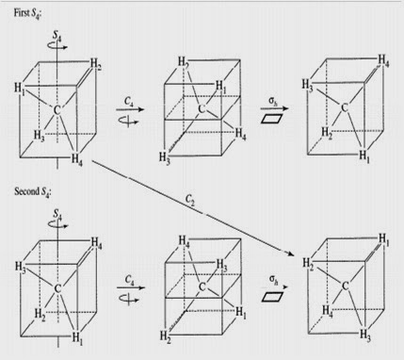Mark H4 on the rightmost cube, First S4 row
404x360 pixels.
click(385, 61)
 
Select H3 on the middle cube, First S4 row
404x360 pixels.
click(166, 156)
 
